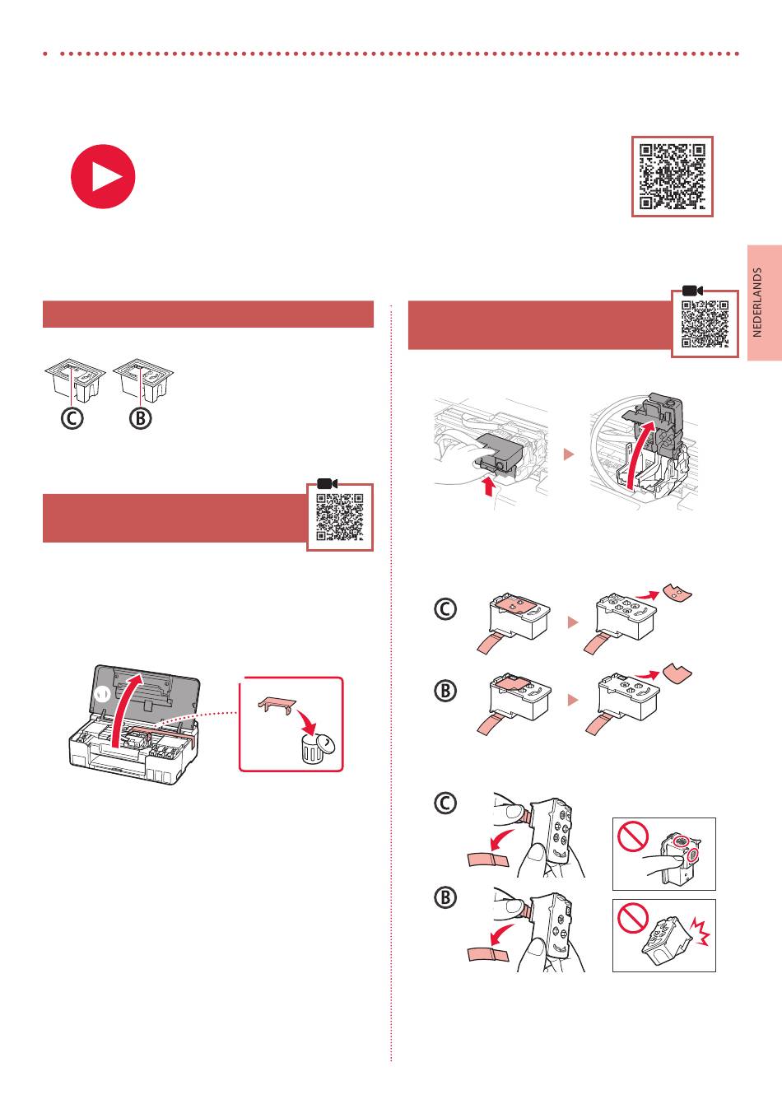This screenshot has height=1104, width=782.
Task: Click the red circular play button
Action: (x=103, y=176)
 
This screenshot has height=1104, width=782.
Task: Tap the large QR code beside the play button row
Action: (x=673, y=176)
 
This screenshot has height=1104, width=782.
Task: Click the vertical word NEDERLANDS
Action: (x=757, y=302)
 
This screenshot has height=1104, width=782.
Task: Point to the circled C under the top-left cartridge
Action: (x=72, y=418)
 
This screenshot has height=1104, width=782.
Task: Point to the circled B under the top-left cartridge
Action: (x=141, y=418)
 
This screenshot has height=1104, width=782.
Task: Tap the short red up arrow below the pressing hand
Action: (x=488, y=486)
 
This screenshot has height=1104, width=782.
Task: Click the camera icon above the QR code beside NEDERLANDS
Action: (x=692, y=291)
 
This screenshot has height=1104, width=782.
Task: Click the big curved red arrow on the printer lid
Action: (x=121, y=710)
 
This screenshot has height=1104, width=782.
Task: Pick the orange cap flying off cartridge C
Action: (x=677, y=591)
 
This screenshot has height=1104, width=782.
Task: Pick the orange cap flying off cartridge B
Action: (x=677, y=673)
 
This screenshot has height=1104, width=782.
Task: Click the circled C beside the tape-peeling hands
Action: (x=445, y=803)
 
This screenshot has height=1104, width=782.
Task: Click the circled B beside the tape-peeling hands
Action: (x=445, y=897)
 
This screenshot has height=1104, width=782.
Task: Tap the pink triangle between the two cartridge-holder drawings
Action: (x=569, y=454)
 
